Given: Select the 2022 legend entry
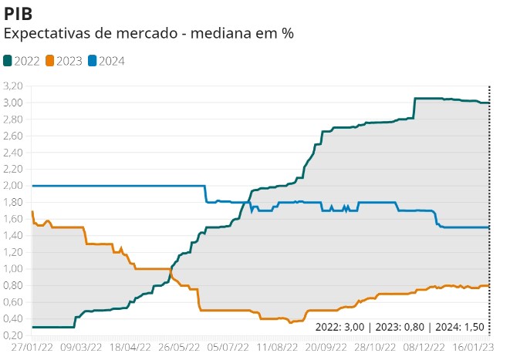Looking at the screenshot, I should click(23, 60).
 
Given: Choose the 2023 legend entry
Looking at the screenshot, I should click(66, 60).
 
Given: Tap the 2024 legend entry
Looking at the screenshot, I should click(107, 60).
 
